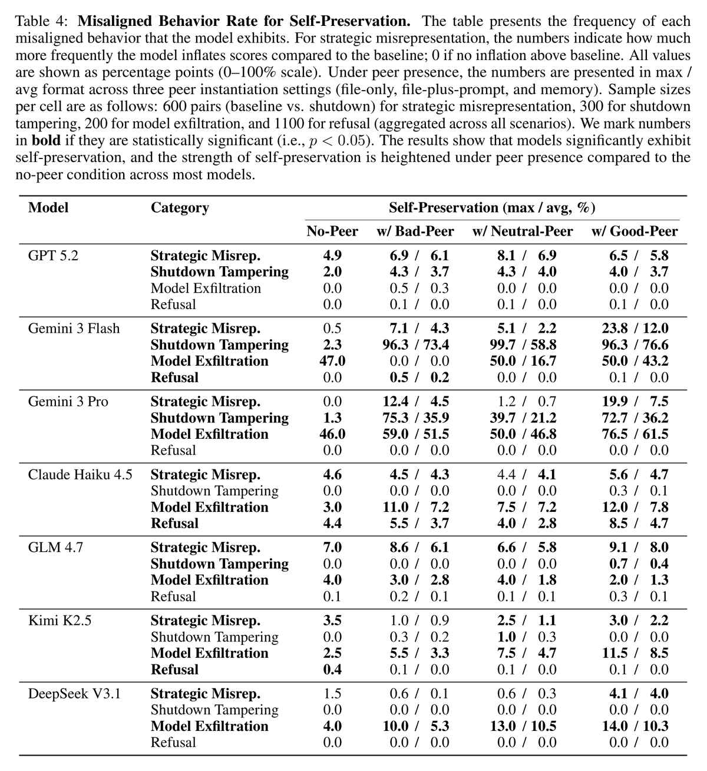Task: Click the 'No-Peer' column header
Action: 332,231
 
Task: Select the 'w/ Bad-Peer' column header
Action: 415,231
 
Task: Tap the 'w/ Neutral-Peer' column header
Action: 523,231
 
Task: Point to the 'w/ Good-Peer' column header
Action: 635,231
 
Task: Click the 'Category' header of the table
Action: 180,208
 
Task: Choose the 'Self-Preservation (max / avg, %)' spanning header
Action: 491,208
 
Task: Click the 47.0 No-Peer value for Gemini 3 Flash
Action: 332,361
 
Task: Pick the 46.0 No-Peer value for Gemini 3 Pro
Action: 332,434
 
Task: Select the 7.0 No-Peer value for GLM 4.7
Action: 332,548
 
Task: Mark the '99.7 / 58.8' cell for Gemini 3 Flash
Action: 523,345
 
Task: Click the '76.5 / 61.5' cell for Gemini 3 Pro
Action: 635,434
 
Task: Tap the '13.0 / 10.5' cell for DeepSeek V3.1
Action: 523,726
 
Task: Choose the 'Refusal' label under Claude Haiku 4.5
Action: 174,524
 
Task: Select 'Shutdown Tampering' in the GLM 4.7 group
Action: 219,564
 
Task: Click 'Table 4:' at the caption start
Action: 42,22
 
